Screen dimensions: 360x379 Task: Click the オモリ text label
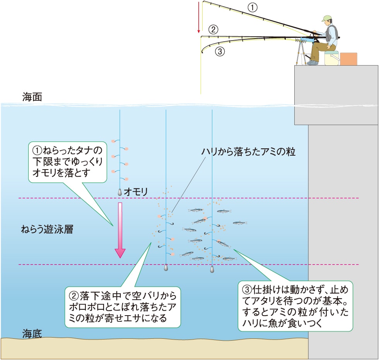(x=136, y=192)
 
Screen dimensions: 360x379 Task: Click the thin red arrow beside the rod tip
(x=199, y=17)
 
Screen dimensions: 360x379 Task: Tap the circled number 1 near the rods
(x=252, y=7)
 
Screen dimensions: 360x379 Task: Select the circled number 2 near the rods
(x=213, y=29)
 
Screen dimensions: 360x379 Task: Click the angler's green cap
(x=327, y=18)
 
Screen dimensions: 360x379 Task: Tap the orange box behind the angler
(x=348, y=59)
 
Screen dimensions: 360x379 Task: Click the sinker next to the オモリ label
(x=120, y=192)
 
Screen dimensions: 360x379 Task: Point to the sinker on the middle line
(x=166, y=267)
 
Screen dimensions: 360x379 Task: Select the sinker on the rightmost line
(x=212, y=269)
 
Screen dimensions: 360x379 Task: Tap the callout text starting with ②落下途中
(x=123, y=307)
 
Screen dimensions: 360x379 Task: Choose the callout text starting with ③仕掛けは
(x=295, y=306)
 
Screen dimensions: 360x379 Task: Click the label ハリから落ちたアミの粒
(x=248, y=152)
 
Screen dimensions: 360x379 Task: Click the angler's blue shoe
(x=312, y=62)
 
